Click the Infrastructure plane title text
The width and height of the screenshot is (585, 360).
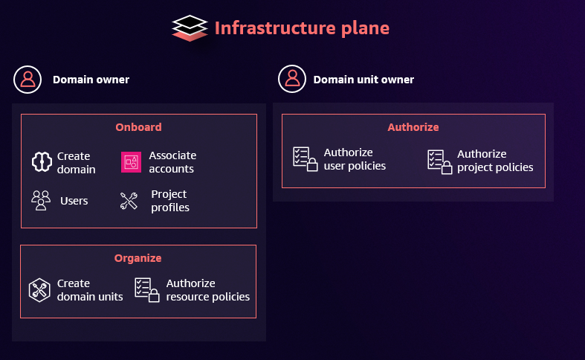point(302,28)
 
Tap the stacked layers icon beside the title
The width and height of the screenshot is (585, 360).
point(189,28)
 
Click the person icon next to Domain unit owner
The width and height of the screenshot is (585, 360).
point(292,79)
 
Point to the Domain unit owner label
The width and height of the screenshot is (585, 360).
point(363,80)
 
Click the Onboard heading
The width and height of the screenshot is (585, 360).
point(138,127)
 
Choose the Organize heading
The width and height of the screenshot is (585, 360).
point(138,258)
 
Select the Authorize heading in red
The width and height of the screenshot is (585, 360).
point(413,127)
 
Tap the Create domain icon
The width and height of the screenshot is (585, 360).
point(41,162)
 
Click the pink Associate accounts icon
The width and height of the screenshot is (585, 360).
point(131,161)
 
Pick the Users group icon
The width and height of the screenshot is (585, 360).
point(41,201)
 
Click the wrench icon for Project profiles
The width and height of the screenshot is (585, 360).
point(129,201)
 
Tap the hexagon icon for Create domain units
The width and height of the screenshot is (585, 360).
point(39,289)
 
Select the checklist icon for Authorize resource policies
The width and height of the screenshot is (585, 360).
point(147,289)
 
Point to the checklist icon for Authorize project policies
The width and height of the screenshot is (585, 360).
point(439,161)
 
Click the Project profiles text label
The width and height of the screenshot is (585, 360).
point(170,201)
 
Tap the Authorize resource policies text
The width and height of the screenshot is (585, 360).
point(208,289)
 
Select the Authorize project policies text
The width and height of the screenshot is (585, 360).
point(495,161)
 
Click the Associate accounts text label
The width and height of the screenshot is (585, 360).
point(172,162)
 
